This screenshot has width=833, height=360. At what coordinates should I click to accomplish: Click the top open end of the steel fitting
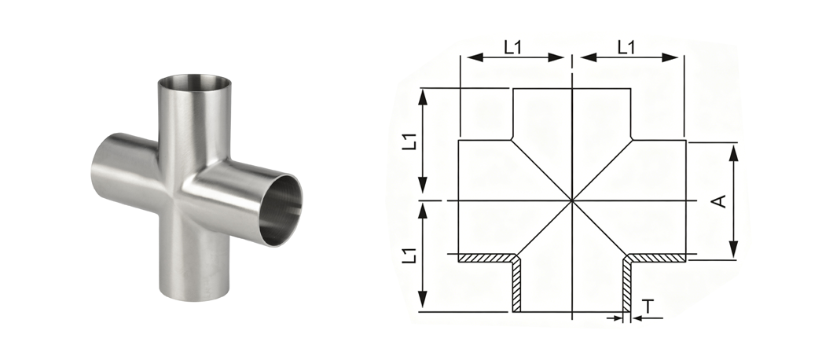tap(194, 83)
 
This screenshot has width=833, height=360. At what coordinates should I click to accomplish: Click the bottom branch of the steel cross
tap(194, 266)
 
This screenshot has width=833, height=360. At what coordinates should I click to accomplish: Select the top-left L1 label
tap(513, 48)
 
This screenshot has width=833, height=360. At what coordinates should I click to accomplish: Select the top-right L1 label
tap(627, 48)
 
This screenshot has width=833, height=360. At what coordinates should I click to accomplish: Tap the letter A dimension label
tap(719, 201)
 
